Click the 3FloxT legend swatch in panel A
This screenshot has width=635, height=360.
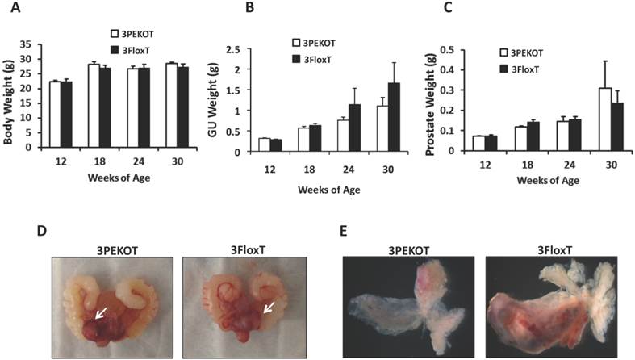click(x=116, y=50)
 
